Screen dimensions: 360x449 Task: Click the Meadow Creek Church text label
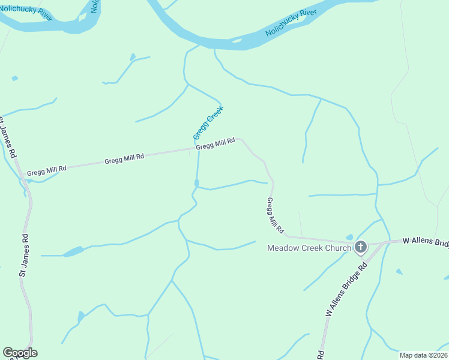309,248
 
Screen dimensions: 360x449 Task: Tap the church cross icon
361,247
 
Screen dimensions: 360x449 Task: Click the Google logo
20,353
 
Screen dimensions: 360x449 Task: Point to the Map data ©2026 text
423,355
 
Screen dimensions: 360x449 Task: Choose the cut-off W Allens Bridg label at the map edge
425,241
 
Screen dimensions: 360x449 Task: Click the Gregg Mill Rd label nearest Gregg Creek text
215,145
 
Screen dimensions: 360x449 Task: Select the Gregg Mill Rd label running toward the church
275,215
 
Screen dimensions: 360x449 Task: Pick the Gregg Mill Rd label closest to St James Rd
46,170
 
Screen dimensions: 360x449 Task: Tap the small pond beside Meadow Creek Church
349,238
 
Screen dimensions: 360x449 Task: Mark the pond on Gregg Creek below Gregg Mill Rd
196,183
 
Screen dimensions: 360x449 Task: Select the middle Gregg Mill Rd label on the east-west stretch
124,158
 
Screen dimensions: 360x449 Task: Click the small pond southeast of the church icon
399,272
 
